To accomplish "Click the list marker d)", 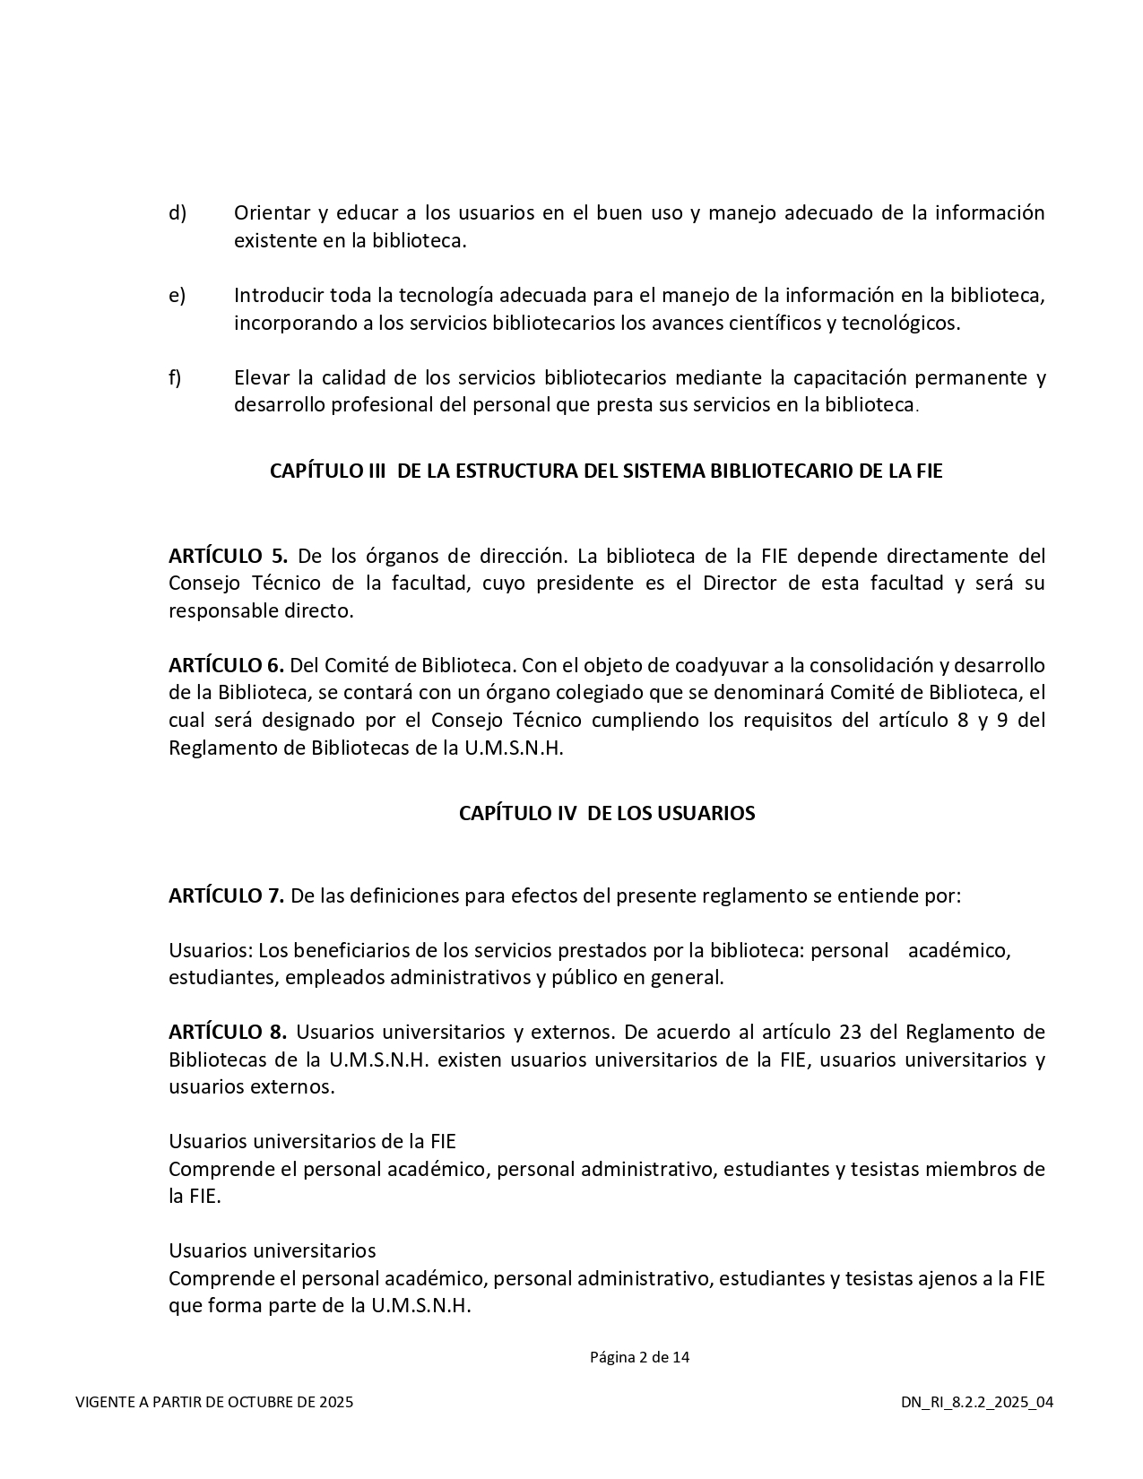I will pos(178,213).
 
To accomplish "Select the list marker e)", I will pos(178,296).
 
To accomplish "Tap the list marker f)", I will pos(175,377).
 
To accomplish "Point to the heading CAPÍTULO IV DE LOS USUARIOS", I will pos(607,813).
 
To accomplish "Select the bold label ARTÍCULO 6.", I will pos(226,666).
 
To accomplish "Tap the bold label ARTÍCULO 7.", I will pos(226,895).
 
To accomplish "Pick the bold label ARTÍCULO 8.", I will pos(228,1032).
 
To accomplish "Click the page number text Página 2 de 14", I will pos(639,1357).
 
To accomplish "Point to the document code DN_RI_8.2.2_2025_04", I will pos(977,1402).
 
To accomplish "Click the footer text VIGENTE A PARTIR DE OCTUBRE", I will pos(214,1402).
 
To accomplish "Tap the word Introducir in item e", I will pos(279,296).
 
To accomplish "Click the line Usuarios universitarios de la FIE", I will pos(312,1142).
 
